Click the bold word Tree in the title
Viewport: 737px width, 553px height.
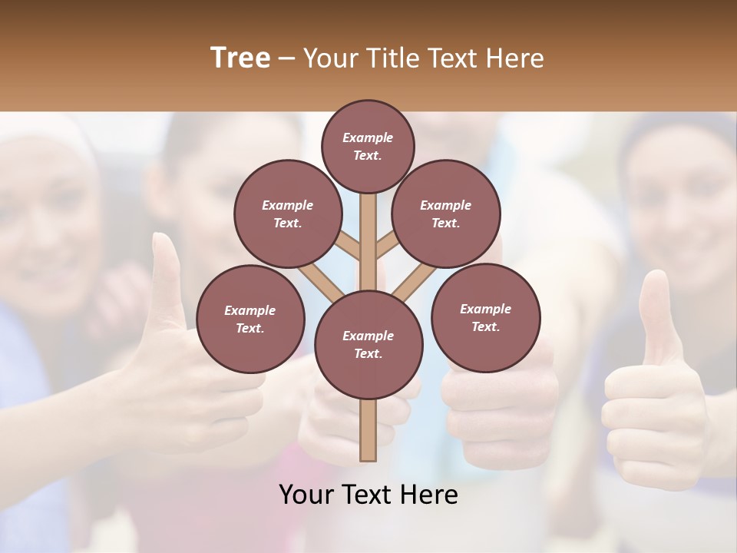[240, 58]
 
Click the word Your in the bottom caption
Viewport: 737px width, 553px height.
[306, 495]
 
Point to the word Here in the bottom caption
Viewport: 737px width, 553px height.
[429, 495]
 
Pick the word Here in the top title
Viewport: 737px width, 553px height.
[515, 58]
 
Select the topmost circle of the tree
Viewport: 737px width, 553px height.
[368, 146]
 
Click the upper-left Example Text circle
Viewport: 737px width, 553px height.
[287, 214]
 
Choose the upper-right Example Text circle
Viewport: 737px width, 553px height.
[445, 214]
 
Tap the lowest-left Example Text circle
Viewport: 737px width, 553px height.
[250, 319]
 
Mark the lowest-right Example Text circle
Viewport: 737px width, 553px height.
[485, 317]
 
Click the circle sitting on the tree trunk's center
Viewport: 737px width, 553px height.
[368, 344]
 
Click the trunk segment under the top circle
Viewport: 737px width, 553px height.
[368, 230]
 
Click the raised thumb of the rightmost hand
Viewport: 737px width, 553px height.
[654, 315]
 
